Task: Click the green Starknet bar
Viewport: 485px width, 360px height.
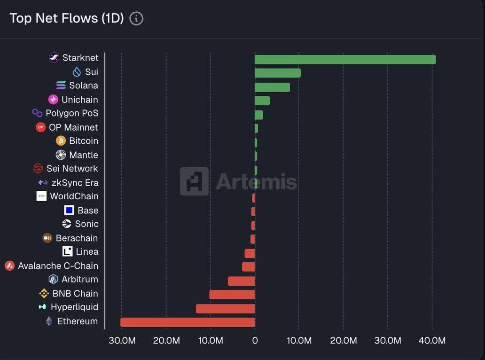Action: point(345,60)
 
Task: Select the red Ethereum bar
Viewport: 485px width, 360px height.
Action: point(188,322)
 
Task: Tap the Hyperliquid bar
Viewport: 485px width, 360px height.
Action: point(225,309)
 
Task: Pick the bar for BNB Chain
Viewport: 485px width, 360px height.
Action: point(232,295)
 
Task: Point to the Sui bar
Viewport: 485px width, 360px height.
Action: point(277,73)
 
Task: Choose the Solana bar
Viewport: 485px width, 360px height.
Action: point(272,87)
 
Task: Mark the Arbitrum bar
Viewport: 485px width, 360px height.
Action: point(241,281)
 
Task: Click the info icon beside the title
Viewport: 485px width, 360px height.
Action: point(136,19)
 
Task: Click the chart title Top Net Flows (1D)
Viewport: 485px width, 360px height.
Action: point(66,18)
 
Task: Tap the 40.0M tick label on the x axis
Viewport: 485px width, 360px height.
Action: point(431,340)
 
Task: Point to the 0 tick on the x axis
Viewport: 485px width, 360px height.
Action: point(255,340)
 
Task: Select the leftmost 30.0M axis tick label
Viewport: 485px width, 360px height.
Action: point(122,340)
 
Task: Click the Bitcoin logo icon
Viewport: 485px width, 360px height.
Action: point(61,141)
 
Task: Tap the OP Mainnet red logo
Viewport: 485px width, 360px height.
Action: point(41,127)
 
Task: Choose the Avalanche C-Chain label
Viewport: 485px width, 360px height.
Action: point(58,266)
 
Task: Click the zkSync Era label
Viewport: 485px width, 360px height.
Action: point(75,183)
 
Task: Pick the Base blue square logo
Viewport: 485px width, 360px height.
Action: point(69,210)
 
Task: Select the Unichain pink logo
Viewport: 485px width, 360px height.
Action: point(54,100)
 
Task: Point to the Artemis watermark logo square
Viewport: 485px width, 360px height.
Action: point(194,181)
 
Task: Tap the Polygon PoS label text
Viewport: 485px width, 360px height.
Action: point(72,113)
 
